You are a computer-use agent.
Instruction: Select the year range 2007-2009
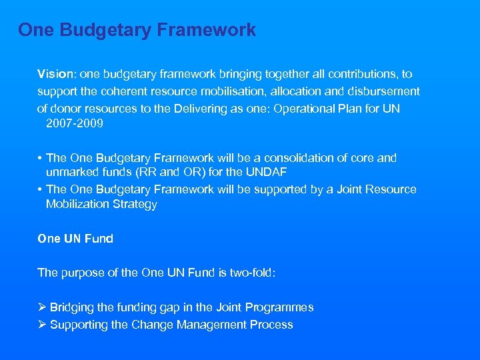point(75,123)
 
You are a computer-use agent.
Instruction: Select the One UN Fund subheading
point(75,239)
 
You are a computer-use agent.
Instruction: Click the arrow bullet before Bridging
point(42,307)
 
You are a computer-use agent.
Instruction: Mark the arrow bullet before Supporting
point(42,325)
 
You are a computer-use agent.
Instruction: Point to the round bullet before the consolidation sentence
point(41,159)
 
